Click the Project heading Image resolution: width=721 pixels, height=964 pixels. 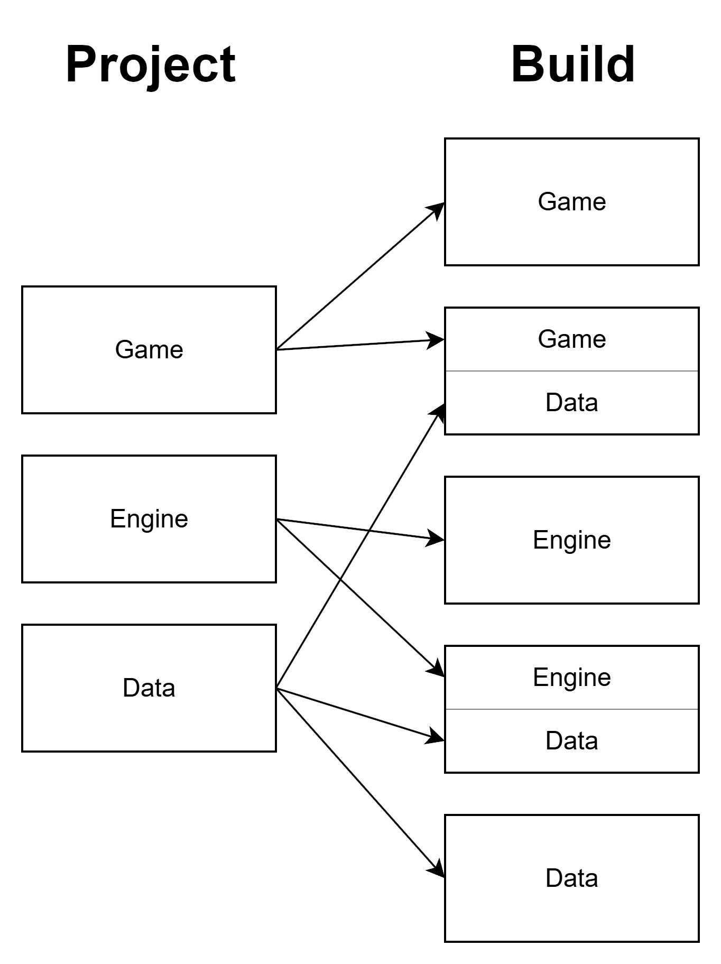151,64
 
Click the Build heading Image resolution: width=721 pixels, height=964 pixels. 572,64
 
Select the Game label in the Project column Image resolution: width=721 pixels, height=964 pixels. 149,350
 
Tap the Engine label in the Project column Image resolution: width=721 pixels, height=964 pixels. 149,519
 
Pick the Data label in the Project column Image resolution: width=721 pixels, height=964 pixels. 149,688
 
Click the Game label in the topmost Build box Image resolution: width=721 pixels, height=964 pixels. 572,202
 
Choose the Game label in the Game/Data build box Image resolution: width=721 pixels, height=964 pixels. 572,339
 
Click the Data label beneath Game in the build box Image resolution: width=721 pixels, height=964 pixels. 572,403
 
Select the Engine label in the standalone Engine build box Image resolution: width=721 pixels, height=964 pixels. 572,540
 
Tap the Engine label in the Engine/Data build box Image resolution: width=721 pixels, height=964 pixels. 572,678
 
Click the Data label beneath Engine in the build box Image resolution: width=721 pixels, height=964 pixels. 572,741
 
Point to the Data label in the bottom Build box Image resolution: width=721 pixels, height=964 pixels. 572,878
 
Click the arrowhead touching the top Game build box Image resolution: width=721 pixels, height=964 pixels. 437,209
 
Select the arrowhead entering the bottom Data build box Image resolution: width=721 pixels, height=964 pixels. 437,869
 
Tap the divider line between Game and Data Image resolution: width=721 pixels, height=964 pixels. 572,371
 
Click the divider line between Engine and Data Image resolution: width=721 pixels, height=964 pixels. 572,709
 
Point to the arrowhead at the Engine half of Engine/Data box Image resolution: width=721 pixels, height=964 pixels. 436,669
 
